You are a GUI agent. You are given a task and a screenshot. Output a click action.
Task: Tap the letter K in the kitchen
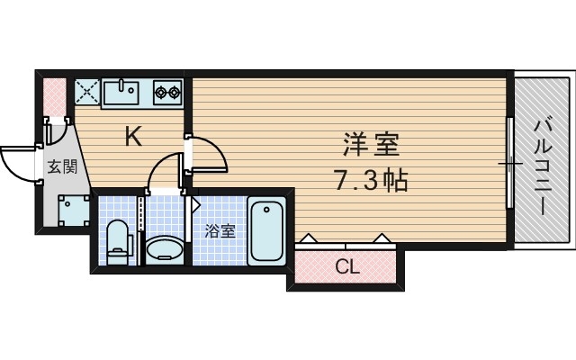(x=132, y=137)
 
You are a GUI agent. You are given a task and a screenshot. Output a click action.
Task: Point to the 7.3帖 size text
(x=371, y=181)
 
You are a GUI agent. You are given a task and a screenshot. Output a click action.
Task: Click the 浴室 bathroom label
(x=221, y=231)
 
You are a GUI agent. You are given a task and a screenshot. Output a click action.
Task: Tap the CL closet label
(x=345, y=265)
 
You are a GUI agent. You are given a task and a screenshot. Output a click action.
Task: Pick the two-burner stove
(x=167, y=91)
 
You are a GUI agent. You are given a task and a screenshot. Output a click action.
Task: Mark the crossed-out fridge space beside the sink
(x=87, y=92)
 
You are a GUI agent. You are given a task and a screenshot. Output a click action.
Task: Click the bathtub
(x=267, y=231)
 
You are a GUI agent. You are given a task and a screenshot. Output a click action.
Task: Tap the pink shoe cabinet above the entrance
(x=54, y=94)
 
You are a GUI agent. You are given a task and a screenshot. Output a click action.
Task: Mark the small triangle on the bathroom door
(x=195, y=204)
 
